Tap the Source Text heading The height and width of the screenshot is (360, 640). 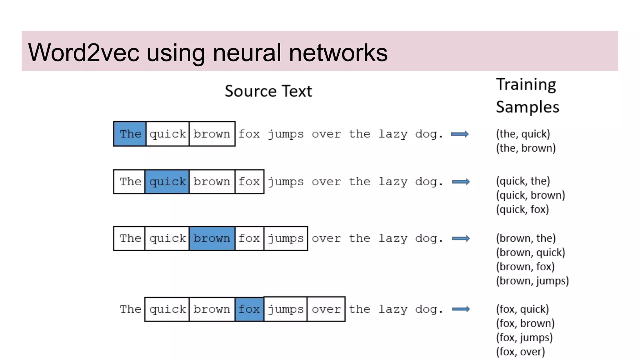pyautogui.click(x=268, y=91)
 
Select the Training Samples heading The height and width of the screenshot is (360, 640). pyautogui.click(x=527, y=96)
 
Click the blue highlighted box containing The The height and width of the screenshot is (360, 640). pyautogui.click(x=130, y=134)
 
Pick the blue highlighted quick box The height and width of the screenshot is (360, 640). pyautogui.click(x=167, y=182)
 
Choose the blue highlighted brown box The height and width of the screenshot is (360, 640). pyautogui.click(x=212, y=238)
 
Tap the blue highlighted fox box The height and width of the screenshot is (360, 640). pyautogui.click(x=249, y=309)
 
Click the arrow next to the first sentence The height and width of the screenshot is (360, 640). pyautogui.click(x=459, y=134)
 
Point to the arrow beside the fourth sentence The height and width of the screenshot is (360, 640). pyautogui.click(x=461, y=309)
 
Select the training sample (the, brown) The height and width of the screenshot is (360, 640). pyautogui.click(x=526, y=148)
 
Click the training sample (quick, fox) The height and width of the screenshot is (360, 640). pyautogui.click(x=522, y=209)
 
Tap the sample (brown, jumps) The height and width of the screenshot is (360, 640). pyautogui.click(x=532, y=281)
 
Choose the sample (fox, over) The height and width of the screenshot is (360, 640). pyautogui.click(x=520, y=352)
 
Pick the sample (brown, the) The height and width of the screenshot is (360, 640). pyautogui.click(x=526, y=238)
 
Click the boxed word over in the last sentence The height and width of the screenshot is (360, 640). pyautogui.click(x=326, y=309)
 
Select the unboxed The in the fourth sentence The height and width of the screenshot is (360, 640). pyautogui.click(x=131, y=309)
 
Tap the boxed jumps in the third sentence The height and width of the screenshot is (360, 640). pyautogui.click(x=286, y=238)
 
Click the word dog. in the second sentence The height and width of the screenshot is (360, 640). pyautogui.click(x=429, y=182)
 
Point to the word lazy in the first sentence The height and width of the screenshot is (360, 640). pyautogui.click(x=393, y=134)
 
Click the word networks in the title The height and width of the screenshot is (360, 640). pyautogui.click(x=338, y=52)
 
